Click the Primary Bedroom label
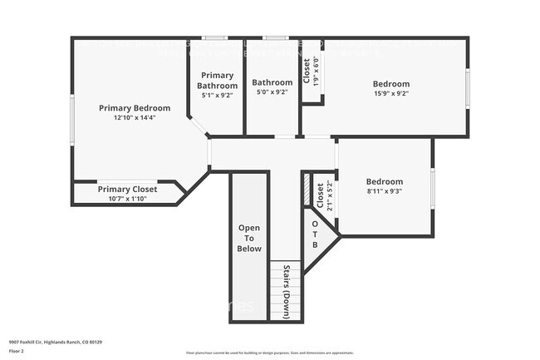[x=135, y=108]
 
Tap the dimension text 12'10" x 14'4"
[x=135, y=118]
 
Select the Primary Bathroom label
[x=218, y=81]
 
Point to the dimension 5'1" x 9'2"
[x=218, y=96]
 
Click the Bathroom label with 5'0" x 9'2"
[x=272, y=82]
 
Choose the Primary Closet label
[x=127, y=189]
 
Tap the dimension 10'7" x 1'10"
[x=127, y=198]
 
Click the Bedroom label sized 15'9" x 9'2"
[x=390, y=84]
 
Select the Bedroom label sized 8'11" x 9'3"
[x=384, y=182]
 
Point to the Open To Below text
[x=250, y=238]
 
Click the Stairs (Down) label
[x=286, y=292]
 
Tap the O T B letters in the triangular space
[x=315, y=234]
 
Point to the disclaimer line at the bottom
[x=270, y=353]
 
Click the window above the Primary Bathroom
[x=216, y=37]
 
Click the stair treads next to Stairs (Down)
[x=275, y=291]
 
